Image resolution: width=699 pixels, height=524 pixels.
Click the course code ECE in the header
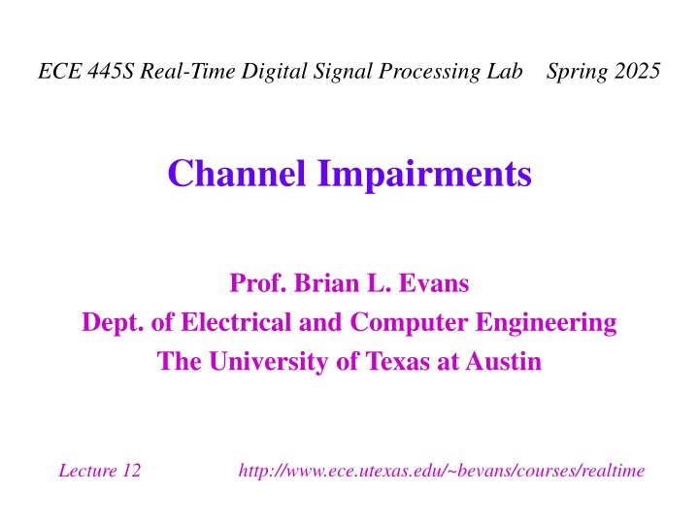point(60,71)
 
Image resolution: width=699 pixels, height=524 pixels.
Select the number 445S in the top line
point(111,71)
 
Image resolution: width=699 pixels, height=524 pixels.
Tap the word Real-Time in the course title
point(187,71)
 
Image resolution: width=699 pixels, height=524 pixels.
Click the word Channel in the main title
point(237,173)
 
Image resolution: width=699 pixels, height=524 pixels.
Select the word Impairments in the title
point(424,175)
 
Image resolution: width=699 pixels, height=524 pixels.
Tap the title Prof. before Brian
point(257,283)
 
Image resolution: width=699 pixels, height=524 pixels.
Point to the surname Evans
point(434,283)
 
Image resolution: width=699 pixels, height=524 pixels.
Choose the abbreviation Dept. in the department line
point(113,322)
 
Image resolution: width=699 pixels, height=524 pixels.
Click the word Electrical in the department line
point(236,322)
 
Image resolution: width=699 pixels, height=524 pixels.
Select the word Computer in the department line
point(410,322)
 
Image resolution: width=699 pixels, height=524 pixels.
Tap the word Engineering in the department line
point(546,323)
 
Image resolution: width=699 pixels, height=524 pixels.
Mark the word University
point(269,362)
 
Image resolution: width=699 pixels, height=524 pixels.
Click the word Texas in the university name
point(398,361)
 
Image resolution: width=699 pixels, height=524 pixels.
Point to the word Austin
point(504,361)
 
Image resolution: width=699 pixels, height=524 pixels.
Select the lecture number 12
point(131,471)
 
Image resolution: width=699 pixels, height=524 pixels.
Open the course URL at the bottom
point(442,471)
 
